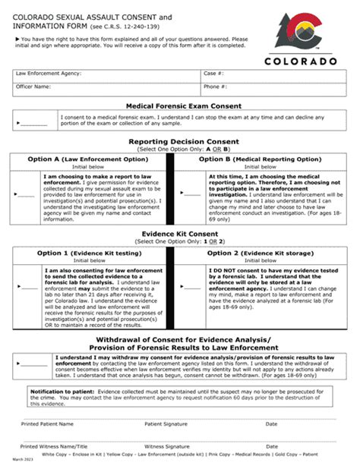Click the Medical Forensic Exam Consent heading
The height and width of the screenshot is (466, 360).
pyautogui.click(x=184, y=105)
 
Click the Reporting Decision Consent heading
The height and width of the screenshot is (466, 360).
pyautogui.click(x=184, y=141)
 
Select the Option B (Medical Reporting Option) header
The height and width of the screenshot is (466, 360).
pyautogui.click(x=260, y=159)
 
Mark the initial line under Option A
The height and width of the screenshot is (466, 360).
pyautogui.click(x=26, y=196)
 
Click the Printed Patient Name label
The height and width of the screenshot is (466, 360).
pyautogui.click(x=47, y=423)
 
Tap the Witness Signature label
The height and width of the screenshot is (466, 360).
pyautogui.click(x=166, y=447)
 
